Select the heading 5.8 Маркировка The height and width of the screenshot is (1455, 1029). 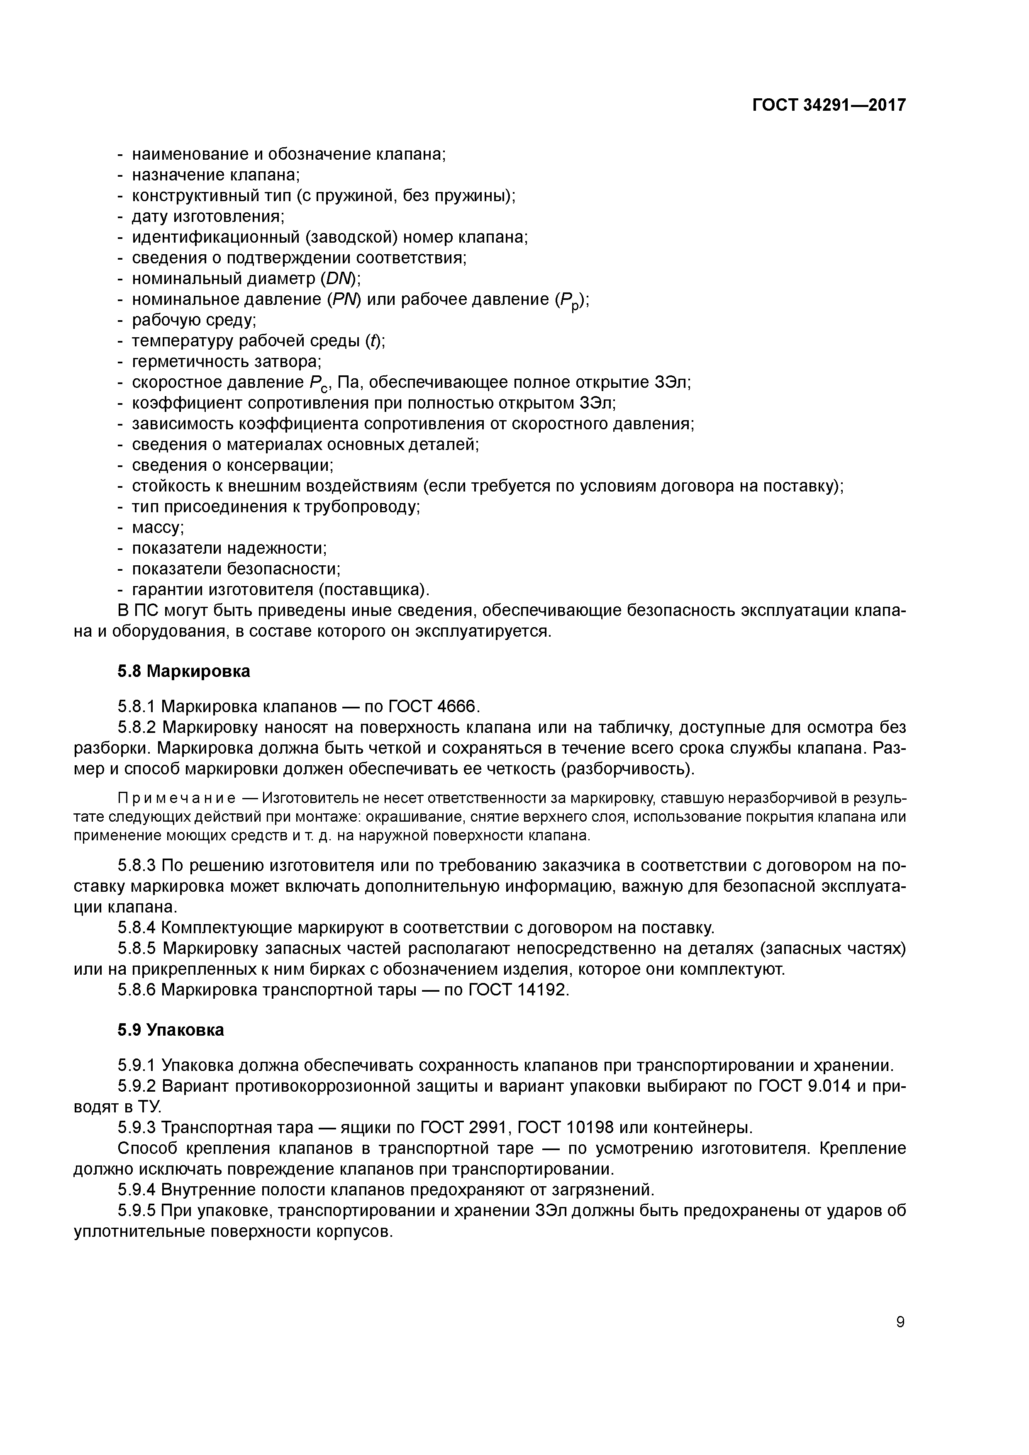184,671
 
